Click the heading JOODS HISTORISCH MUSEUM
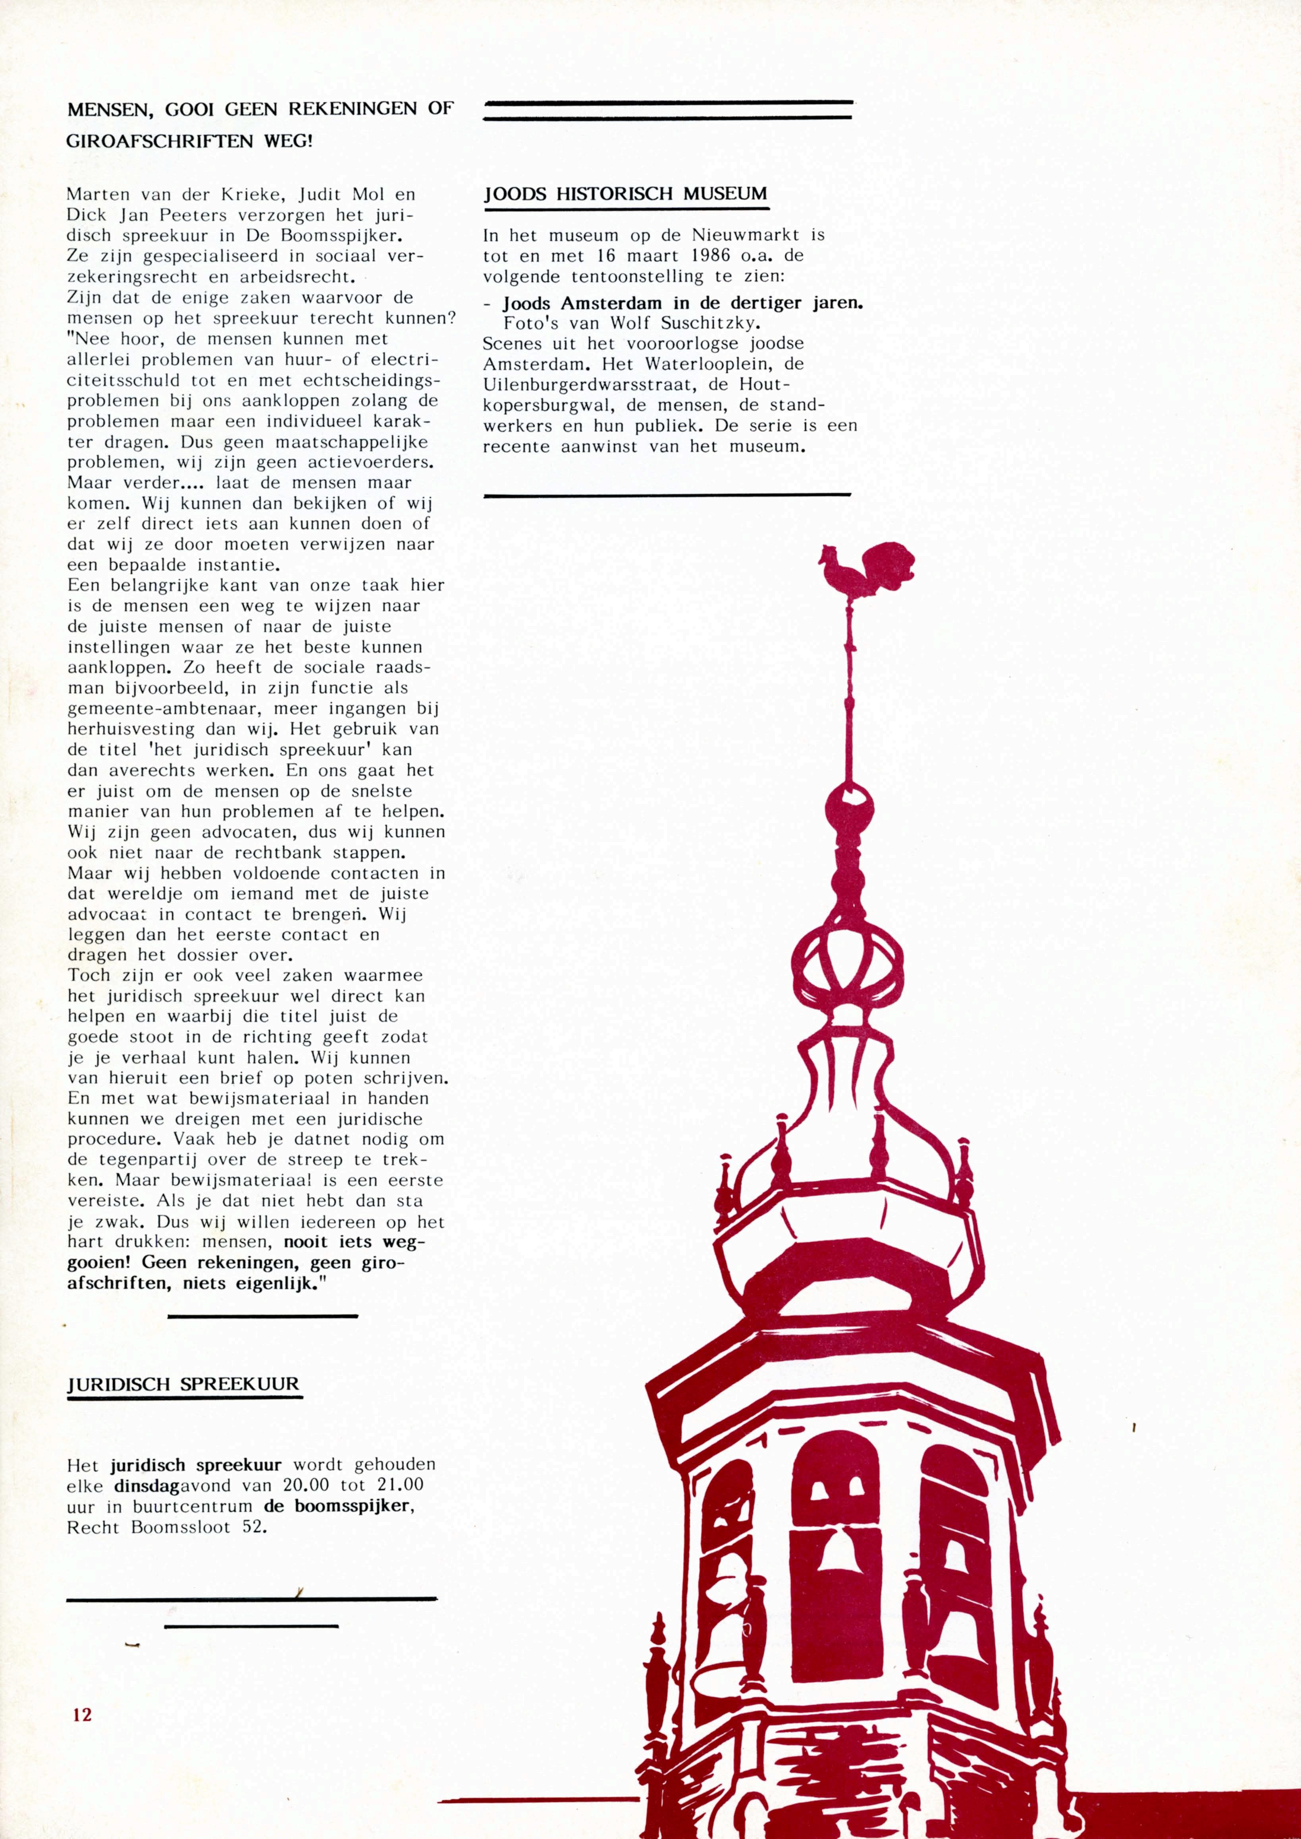pyautogui.click(x=626, y=194)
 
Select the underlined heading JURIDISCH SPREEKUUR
pyautogui.click(x=183, y=1384)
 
